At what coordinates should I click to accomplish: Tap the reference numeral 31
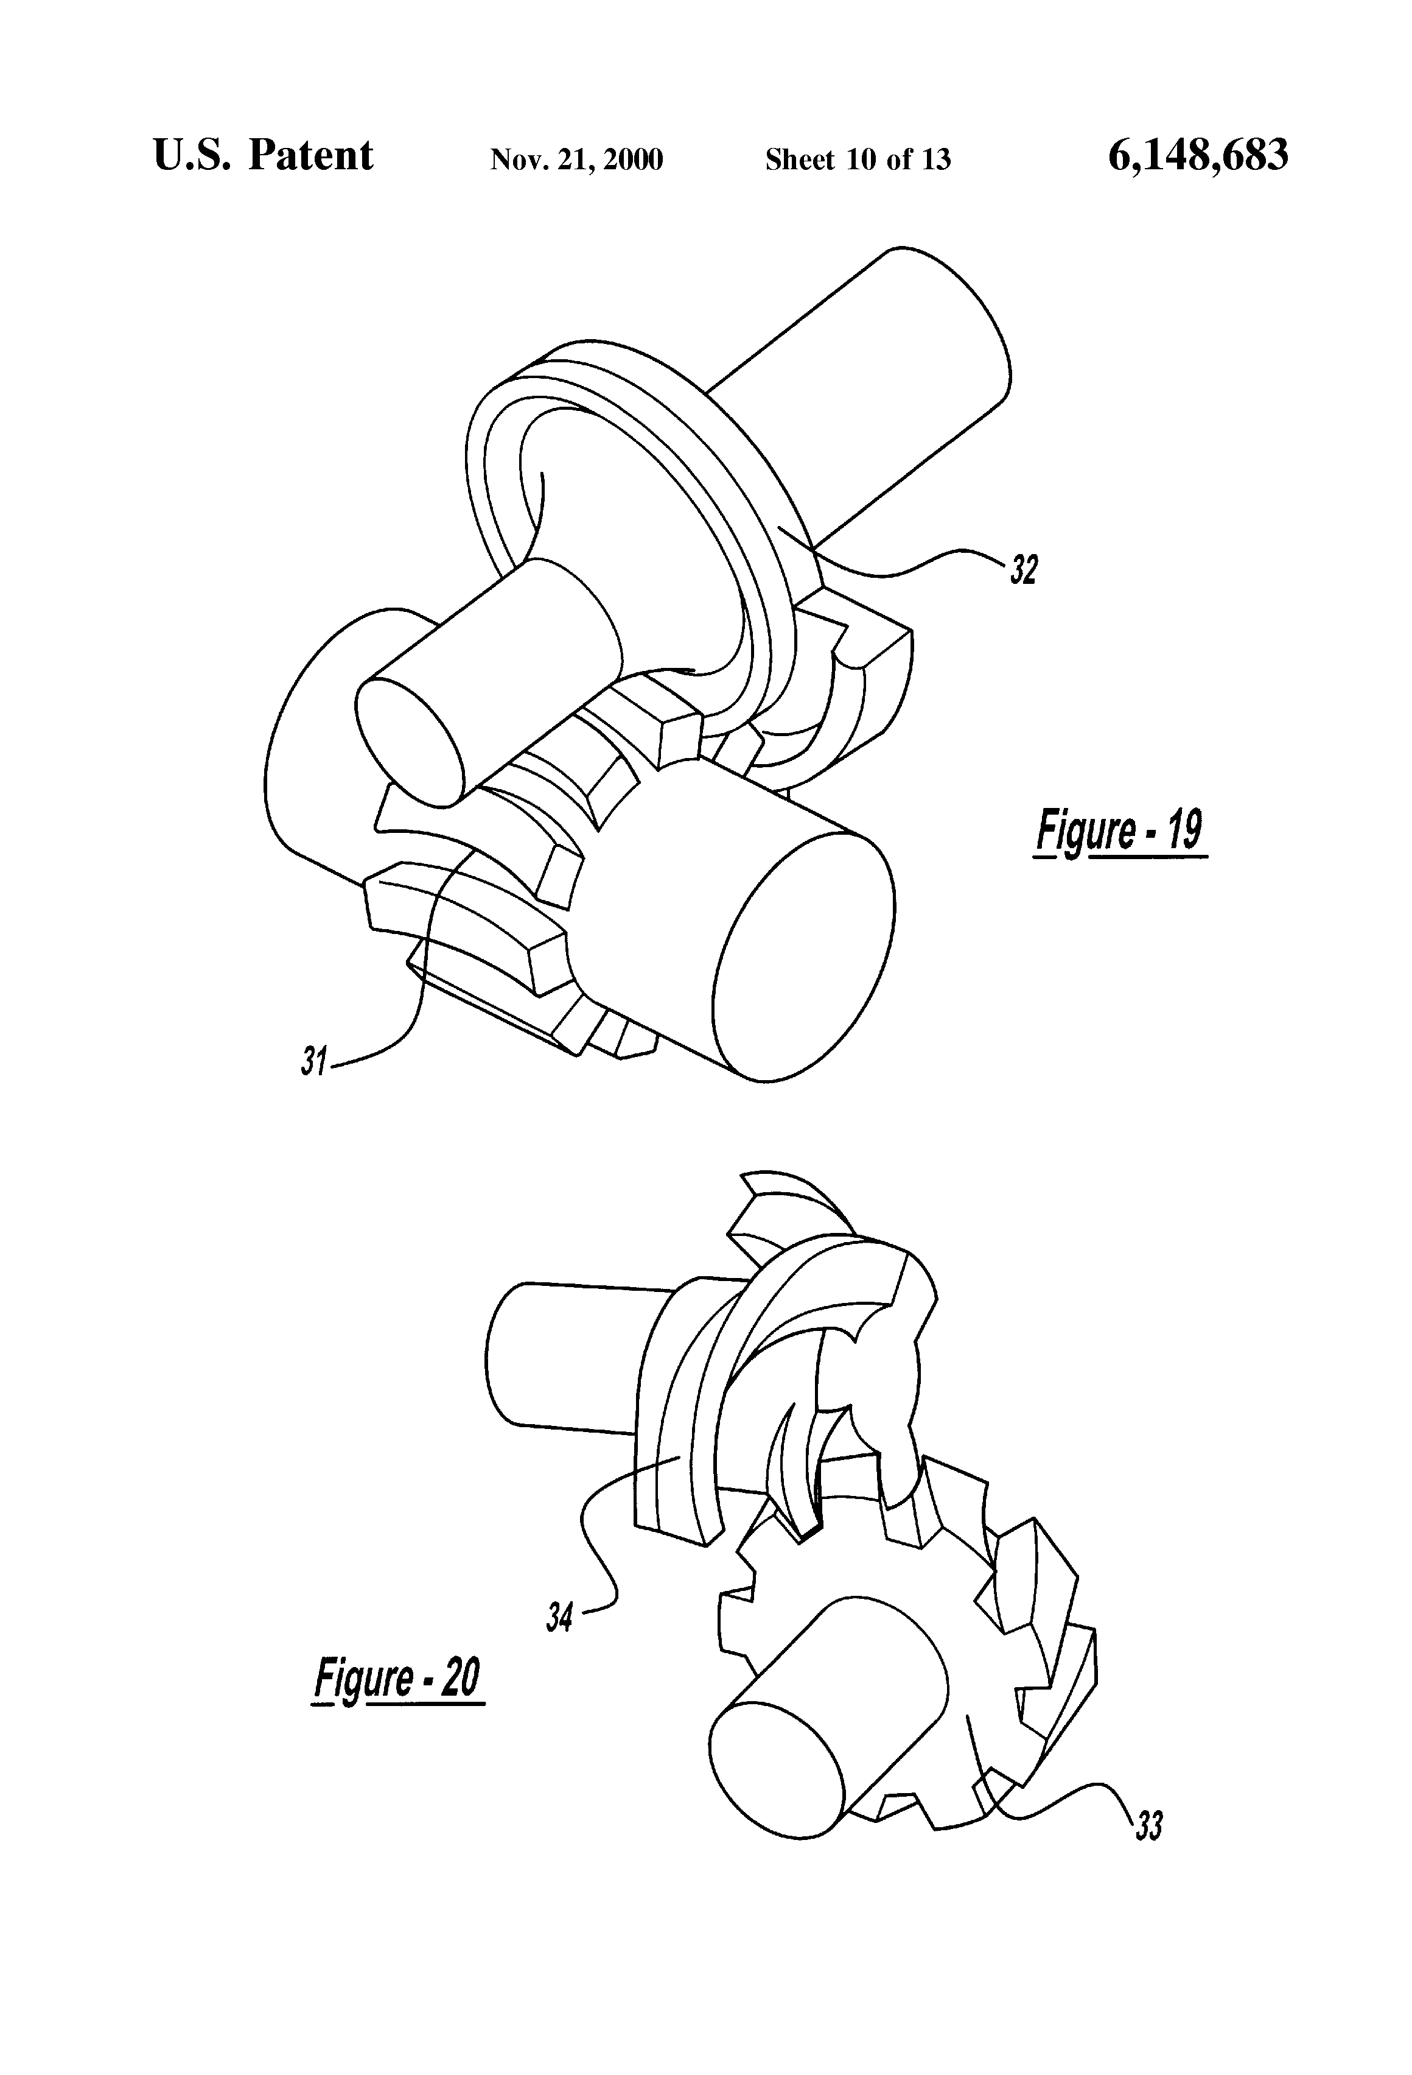point(312,1062)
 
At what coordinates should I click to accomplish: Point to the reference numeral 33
point(1148,1825)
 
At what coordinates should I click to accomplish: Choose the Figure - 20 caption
point(397,1680)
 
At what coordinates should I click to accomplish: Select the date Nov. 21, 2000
point(576,160)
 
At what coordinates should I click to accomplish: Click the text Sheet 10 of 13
point(858,160)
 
